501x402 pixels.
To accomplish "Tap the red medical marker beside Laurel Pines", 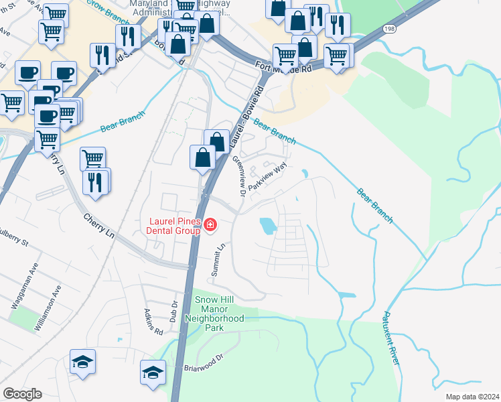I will pyautogui.click(x=210, y=224).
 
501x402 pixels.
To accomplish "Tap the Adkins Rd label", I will pyautogui.click(x=153, y=322).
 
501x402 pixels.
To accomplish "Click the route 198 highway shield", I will pyautogui.click(x=390, y=28).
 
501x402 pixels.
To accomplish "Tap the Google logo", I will pyautogui.click(x=22, y=394).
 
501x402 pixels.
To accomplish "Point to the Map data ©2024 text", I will pyautogui.click(x=472, y=397).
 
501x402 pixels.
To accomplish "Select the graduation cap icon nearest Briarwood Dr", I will pyautogui.click(x=153, y=373).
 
